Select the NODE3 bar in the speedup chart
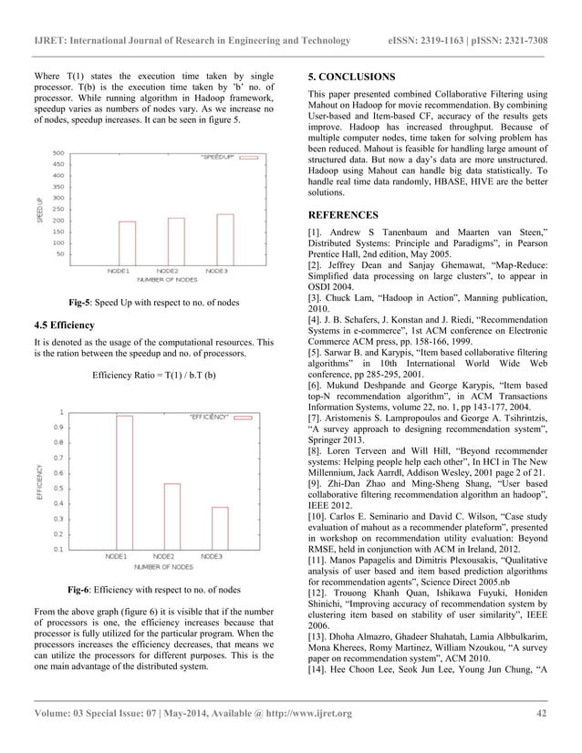(x=224, y=239)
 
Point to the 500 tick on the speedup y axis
(x=57, y=153)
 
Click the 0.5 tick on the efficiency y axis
(x=57, y=488)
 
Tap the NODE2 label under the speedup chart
(x=167, y=271)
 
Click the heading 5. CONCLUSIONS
(x=352, y=77)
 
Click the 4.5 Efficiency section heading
(x=70, y=325)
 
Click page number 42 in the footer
(x=540, y=713)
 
